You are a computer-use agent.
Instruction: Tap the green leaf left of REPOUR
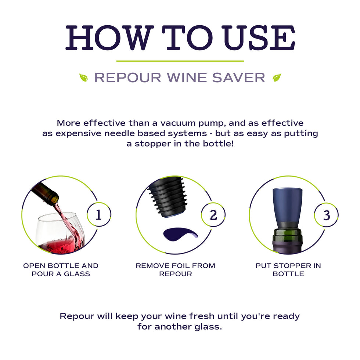83,78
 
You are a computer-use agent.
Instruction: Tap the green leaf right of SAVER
277,78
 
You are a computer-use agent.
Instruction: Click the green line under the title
180,61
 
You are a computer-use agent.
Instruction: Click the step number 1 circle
98,215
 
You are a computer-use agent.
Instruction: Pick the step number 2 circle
213,215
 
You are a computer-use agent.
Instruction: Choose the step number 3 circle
326,215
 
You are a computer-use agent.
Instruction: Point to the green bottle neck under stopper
287,235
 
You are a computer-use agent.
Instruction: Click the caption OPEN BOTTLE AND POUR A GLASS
61,270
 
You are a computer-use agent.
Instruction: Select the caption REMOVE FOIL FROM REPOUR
175,270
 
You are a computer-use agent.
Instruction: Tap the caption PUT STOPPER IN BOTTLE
288,270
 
